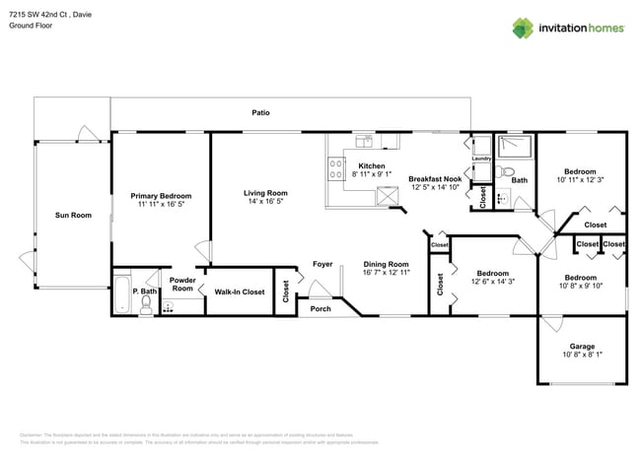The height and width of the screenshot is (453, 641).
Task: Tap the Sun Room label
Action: [72, 215]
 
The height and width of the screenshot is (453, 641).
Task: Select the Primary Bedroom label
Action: [161, 196]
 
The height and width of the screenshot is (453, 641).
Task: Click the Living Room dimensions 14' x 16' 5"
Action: [265, 202]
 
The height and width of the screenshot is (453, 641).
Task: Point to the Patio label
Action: [260, 113]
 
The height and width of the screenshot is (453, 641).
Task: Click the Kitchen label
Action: [371, 165]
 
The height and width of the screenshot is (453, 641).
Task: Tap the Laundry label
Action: [482, 159]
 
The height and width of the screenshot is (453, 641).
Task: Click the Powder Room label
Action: [182, 284]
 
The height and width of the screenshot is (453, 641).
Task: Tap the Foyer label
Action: [321, 264]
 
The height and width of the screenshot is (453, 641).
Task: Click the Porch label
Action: [320, 308]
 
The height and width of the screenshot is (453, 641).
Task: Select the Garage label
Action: [582, 346]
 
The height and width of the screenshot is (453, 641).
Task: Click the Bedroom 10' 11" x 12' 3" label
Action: [579, 171]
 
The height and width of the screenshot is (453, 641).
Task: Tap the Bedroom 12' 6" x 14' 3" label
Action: [492, 273]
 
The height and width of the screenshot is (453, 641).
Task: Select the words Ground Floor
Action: [30, 26]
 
